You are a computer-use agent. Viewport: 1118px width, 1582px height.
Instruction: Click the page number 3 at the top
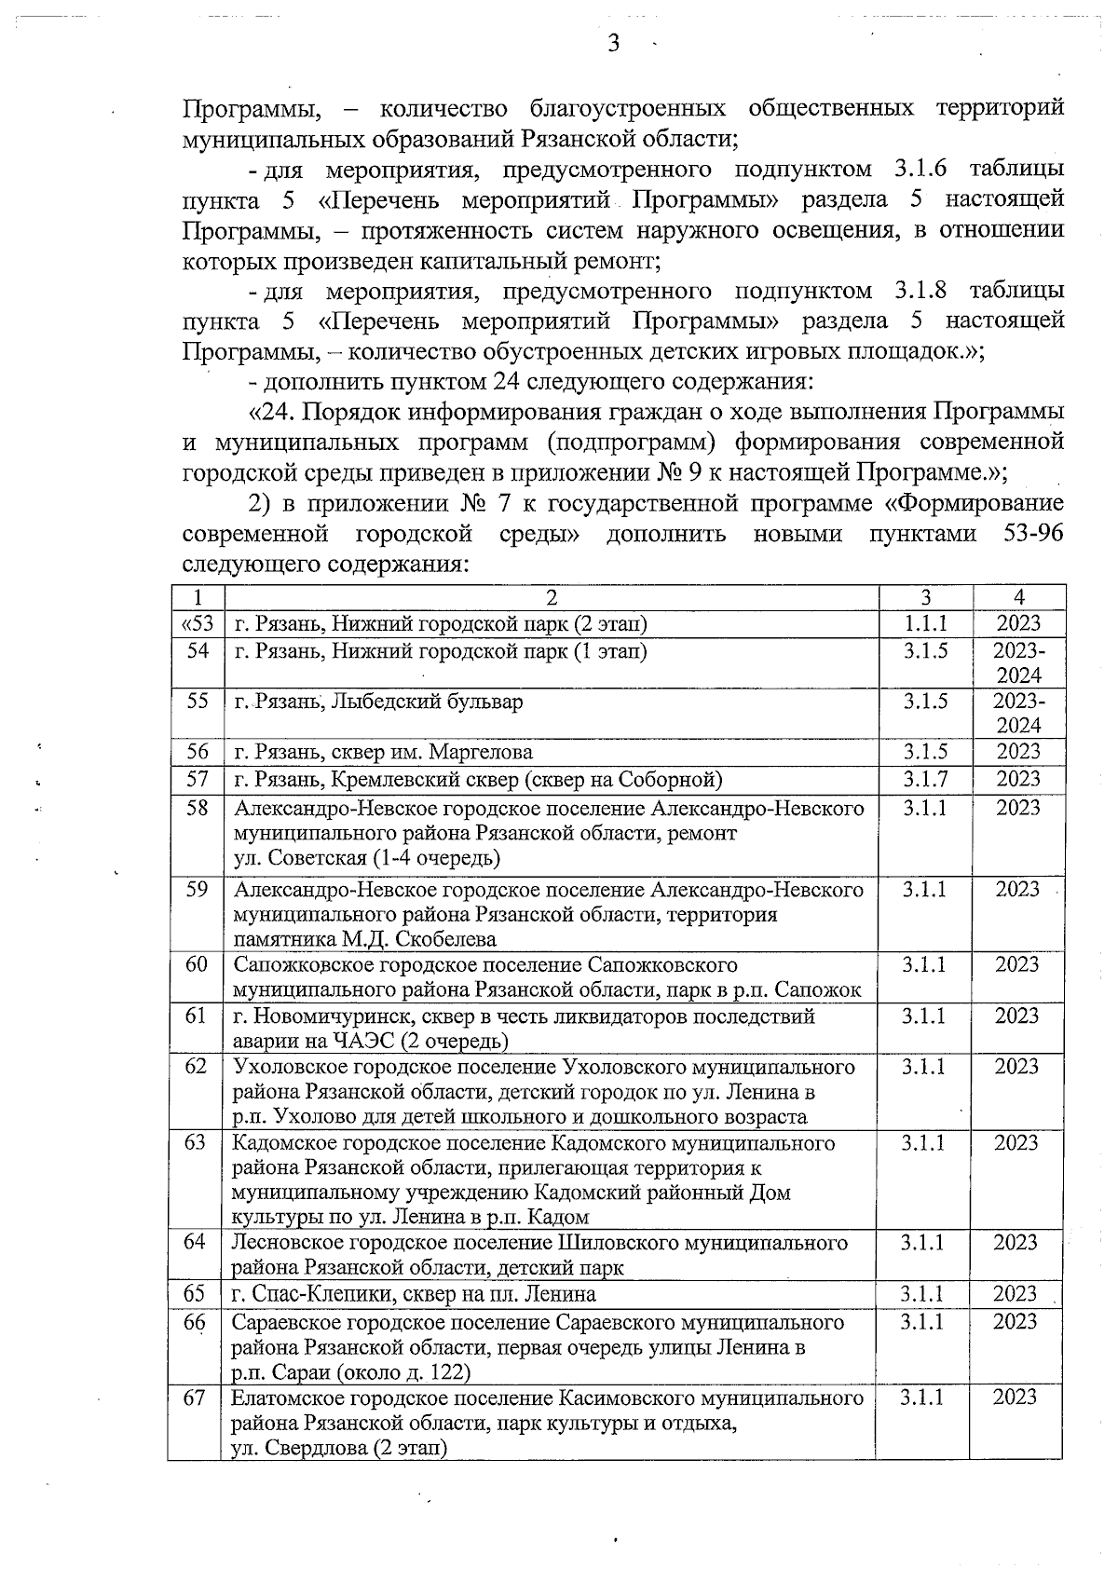point(613,43)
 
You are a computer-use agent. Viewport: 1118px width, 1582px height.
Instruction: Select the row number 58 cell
point(198,808)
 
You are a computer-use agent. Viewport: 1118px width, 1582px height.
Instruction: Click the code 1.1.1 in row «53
point(925,623)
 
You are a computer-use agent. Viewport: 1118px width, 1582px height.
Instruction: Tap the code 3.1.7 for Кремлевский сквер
point(925,779)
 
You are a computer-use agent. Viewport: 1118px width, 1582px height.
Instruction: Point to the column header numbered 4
point(1018,598)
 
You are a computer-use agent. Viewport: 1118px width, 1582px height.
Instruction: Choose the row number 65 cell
point(195,1293)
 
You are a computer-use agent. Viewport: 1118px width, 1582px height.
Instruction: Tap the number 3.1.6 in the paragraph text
point(920,170)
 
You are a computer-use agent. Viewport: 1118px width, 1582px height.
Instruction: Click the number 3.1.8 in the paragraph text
point(920,291)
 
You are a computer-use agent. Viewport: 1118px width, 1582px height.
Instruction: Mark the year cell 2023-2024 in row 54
point(1018,662)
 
